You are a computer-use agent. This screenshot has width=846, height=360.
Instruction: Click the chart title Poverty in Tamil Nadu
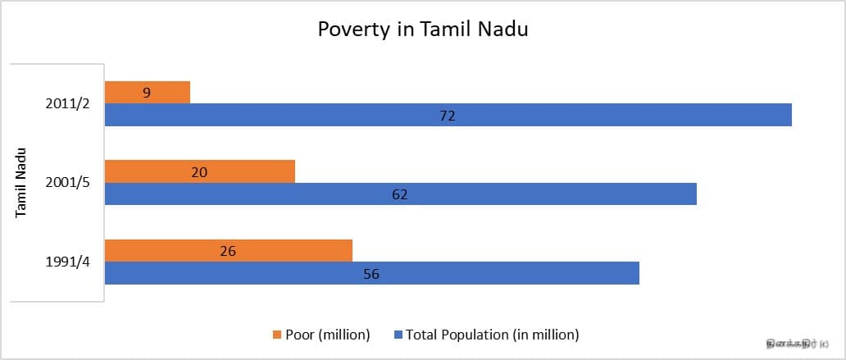point(423,30)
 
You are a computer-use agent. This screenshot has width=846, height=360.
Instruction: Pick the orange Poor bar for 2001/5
point(246,171)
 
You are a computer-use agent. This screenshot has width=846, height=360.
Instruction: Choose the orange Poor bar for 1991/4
point(287,251)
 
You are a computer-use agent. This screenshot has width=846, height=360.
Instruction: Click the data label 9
point(147,93)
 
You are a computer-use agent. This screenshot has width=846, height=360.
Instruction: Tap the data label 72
point(447,116)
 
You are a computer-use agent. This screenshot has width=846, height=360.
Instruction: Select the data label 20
point(199,171)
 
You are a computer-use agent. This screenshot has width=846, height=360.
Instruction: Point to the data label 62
point(399,194)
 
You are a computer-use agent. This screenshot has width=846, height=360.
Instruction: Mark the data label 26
point(228,251)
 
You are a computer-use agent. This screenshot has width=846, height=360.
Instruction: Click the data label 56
point(371,274)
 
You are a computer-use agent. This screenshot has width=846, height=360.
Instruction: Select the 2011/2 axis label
point(70,104)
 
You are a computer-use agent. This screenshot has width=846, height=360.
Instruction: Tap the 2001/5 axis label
point(70,183)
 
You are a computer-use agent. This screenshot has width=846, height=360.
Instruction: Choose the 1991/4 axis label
point(70,262)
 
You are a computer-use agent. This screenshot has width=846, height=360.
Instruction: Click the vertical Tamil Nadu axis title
point(22,183)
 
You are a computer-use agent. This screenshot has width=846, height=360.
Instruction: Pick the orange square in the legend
point(276,335)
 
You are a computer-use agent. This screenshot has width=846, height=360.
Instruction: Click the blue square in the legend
point(399,335)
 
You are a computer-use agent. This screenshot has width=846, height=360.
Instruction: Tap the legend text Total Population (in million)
point(493,335)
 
